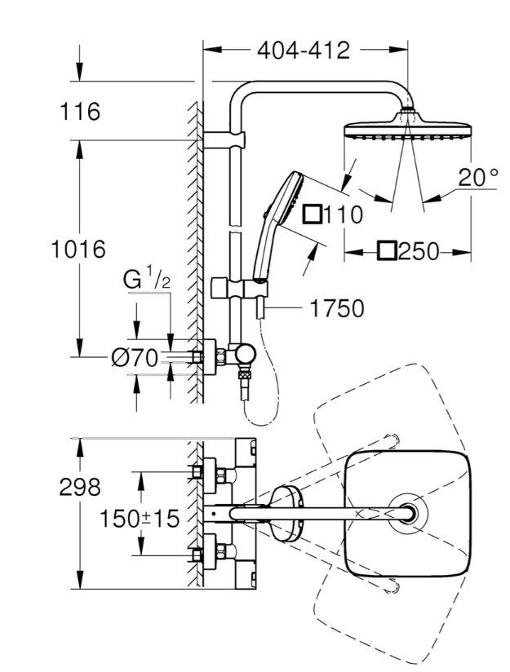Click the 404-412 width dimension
pyautogui.click(x=304, y=51)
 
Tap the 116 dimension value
pyautogui.click(x=80, y=112)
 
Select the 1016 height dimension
pyautogui.click(x=78, y=249)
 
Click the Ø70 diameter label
pyautogui.click(x=135, y=358)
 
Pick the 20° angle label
pyautogui.click(x=478, y=177)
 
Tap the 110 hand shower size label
pyautogui.click(x=343, y=214)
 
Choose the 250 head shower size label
pyautogui.click(x=419, y=251)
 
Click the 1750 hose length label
pyautogui.click(x=337, y=308)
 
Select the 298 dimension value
pyautogui.click(x=80, y=487)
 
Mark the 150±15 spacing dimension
pyautogui.click(x=140, y=519)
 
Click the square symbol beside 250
pyautogui.click(x=387, y=250)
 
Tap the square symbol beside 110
pyautogui.click(x=313, y=214)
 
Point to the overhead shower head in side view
pyautogui.click(x=408, y=128)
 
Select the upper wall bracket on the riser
pyautogui.click(x=224, y=140)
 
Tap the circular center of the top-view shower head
pyautogui.click(x=407, y=513)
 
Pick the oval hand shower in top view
pyautogui.click(x=286, y=513)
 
